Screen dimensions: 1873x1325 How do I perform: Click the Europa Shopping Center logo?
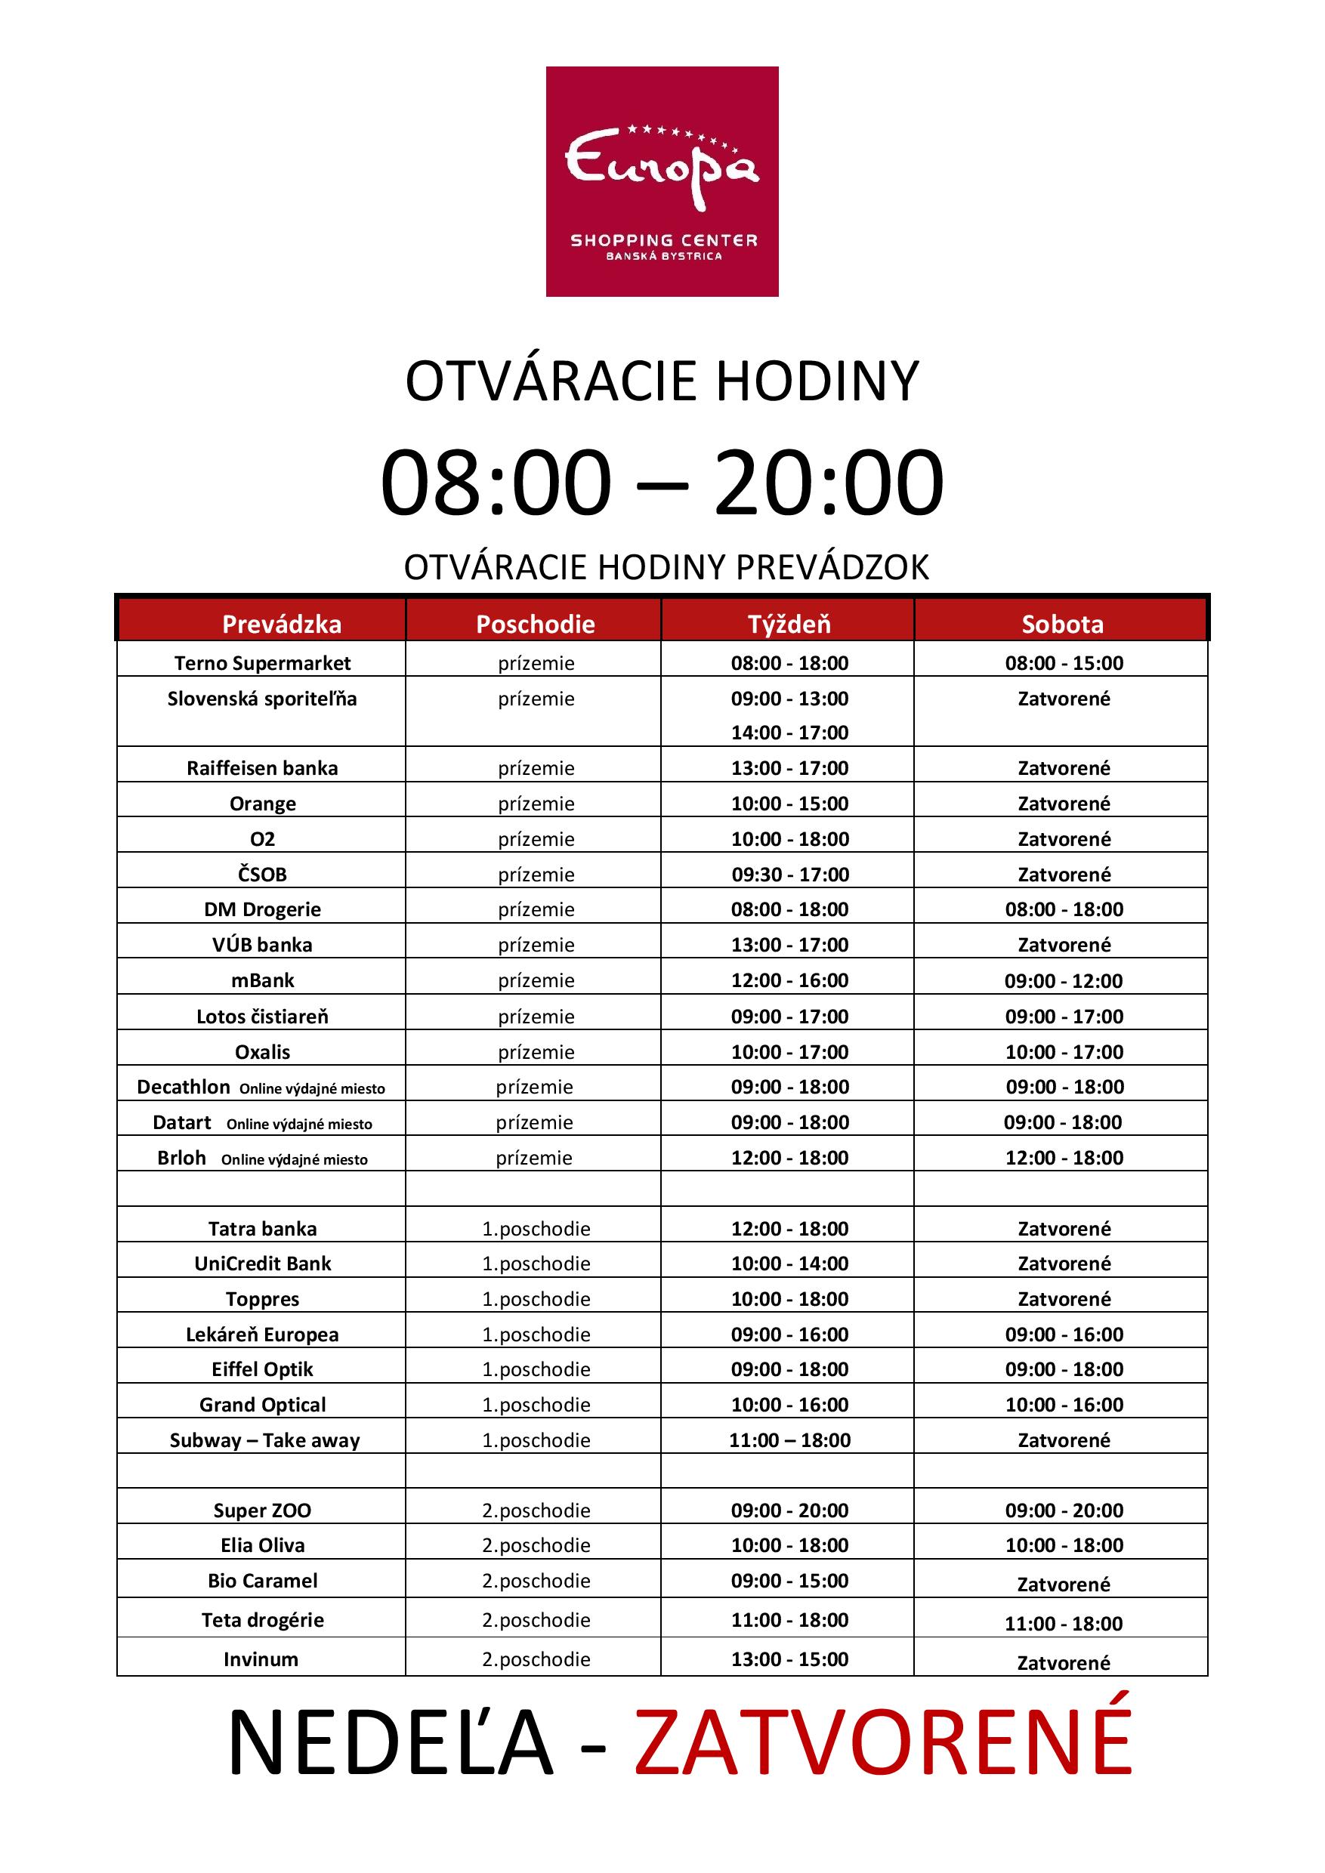tap(662, 181)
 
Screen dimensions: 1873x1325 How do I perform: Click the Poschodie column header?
tap(536, 624)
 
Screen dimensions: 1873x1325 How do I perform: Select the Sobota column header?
tap(1062, 624)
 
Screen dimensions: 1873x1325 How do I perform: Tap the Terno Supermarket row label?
tap(262, 663)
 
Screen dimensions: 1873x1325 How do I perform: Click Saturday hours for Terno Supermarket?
tap(1064, 663)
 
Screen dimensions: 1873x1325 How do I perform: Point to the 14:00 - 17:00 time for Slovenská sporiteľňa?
tap(789, 733)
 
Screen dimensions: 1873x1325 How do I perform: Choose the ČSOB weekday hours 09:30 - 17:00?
tap(789, 875)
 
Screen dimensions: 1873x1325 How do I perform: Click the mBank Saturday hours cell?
tap(1063, 980)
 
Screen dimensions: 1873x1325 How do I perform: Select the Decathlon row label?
tap(184, 1087)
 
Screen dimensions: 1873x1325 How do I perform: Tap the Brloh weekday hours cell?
tap(789, 1158)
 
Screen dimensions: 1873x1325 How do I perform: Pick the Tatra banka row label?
tap(262, 1229)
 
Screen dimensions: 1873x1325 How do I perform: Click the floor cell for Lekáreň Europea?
tap(536, 1335)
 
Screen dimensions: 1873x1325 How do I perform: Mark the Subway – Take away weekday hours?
tap(789, 1439)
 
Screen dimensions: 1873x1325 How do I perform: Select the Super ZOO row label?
tap(262, 1510)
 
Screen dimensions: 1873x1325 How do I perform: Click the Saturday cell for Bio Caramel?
tap(1063, 1584)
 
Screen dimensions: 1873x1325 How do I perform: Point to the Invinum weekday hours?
tap(789, 1659)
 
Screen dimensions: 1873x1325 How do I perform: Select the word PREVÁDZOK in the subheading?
tap(832, 568)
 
